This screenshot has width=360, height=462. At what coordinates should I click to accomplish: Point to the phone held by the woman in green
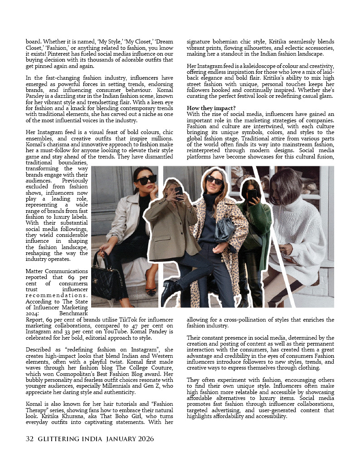(252, 195)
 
